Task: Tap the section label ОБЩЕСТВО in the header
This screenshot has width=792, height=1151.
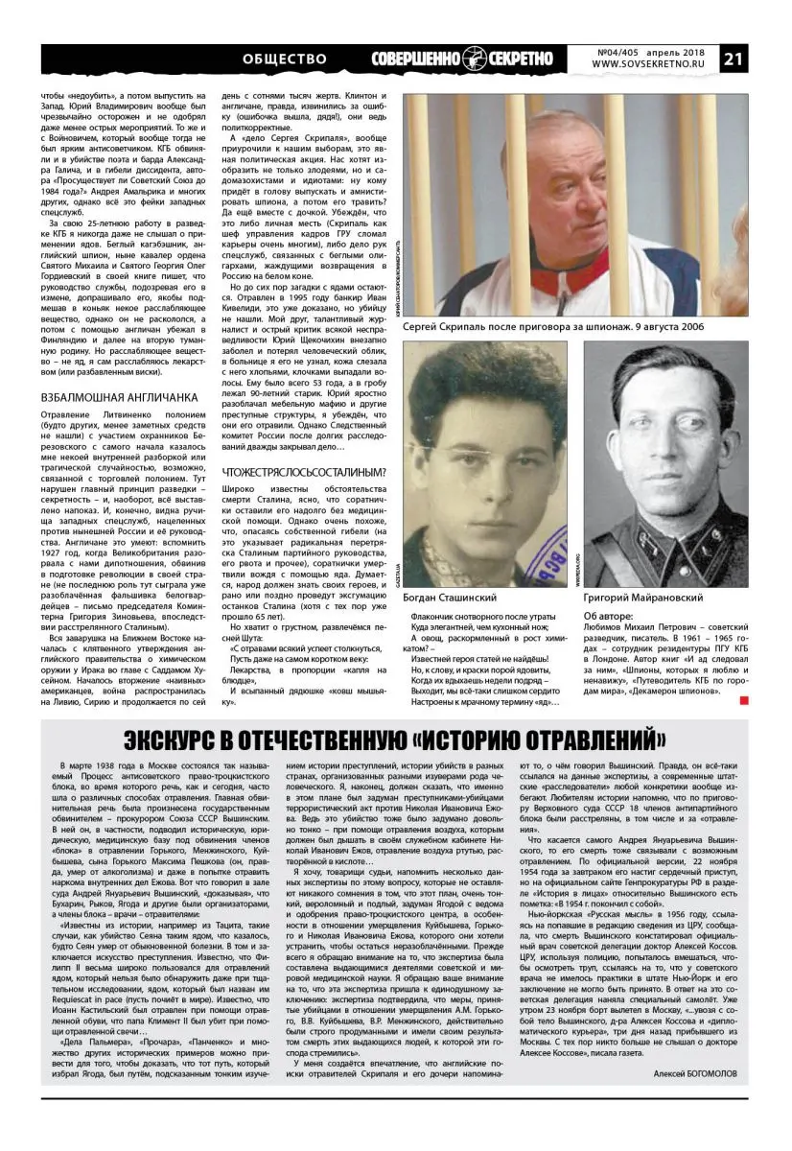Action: pos(285,59)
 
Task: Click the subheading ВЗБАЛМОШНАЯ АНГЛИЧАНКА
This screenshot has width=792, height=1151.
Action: pos(119,396)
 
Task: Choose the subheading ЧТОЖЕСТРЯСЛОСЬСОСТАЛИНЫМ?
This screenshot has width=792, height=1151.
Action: pos(304,472)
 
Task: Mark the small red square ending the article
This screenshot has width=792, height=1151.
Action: pos(744,703)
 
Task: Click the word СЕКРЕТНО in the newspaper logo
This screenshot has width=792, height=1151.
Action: pos(519,59)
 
